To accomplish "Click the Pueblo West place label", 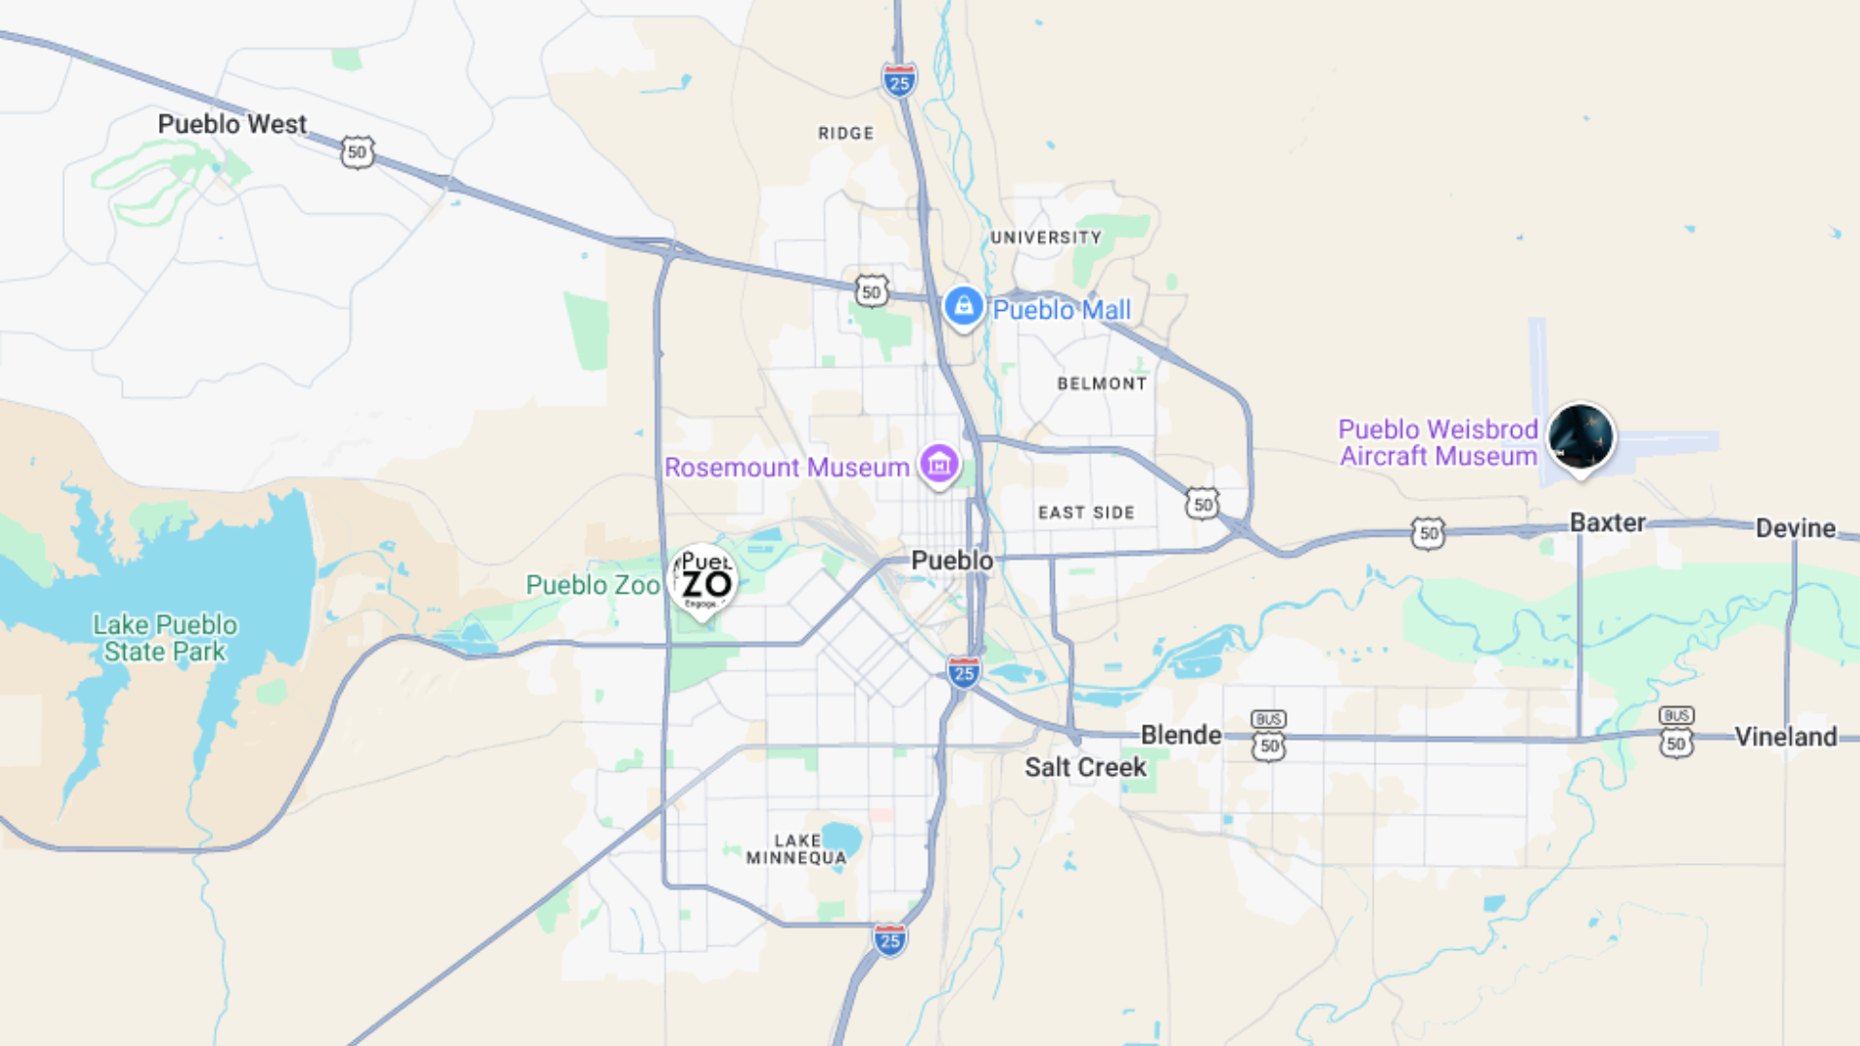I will point(232,124).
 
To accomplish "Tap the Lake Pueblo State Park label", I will point(165,638).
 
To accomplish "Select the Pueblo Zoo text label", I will point(592,585).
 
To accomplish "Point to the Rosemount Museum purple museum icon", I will point(939,465).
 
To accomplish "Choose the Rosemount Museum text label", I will point(787,468).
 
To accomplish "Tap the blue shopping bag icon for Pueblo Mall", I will point(963,307).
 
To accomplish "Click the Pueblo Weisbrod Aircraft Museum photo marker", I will point(1581,438).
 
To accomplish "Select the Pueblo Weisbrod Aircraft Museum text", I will point(1438,443).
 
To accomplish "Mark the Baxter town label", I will point(1607,523).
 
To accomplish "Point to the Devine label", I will point(1795,528).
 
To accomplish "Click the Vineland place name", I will point(1785,737).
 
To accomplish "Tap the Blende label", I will point(1181,735).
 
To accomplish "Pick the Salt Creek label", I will point(1085,767).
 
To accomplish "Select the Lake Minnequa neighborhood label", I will point(796,849).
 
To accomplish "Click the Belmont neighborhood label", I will point(1101,384).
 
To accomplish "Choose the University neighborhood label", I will point(1045,237).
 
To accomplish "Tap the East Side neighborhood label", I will point(1086,512).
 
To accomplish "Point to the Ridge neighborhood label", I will point(846,134).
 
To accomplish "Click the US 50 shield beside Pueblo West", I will point(357,152).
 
